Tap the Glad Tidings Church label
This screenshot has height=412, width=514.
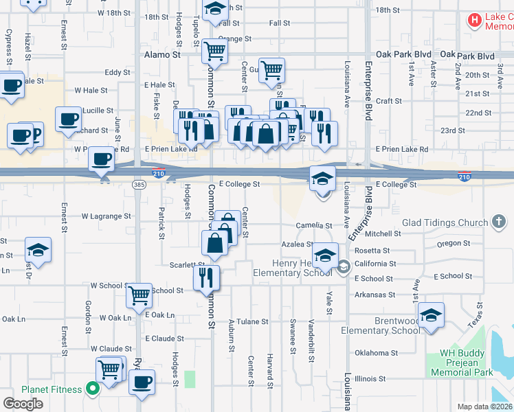click(x=445, y=222)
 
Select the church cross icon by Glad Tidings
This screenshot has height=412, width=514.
click(x=500, y=222)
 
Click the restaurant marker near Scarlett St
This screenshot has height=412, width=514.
click(x=205, y=277)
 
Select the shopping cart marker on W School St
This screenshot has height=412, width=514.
click(x=139, y=295)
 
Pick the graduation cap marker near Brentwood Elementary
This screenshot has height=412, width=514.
click(x=431, y=315)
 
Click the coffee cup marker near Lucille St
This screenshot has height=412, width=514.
click(x=69, y=119)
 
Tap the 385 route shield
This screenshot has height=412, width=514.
click(x=139, y=185)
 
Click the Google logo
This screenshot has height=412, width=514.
click(x=23, y=403)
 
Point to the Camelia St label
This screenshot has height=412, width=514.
click(x=314, y=225)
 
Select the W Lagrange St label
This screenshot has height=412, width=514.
click(x=106, y=216)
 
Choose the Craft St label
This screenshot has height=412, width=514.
click(x=388, y=101)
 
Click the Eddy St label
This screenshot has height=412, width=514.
click(x=118, y=72)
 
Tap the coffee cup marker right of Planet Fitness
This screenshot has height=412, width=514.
click(x=142, y=382)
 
